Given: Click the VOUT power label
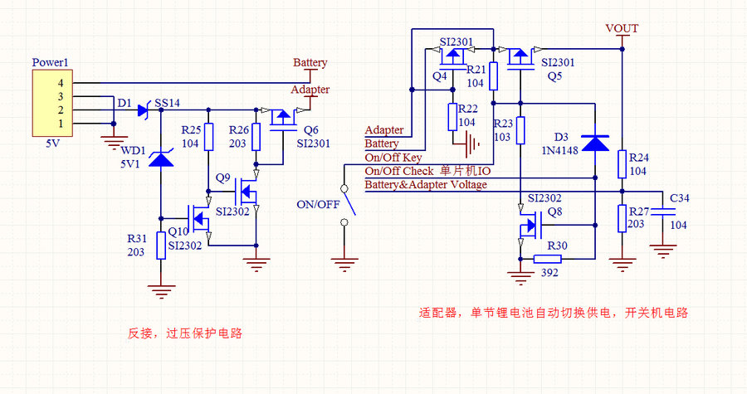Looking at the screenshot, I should pyautogui.click(x=622, y=28).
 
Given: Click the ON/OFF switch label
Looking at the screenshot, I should pyautogui.click(x=317, y=205).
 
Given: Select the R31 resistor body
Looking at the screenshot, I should pyautogui.click(x=160, y=246).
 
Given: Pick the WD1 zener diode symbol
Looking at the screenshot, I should pyautogui.click(x=160, y=157).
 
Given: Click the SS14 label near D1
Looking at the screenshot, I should pyautogui.click(x=167, y=103).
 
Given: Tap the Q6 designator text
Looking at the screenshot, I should pyautogui.click(x=311, y=130).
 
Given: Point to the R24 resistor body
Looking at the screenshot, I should pyautogui.click(x=622, y=163).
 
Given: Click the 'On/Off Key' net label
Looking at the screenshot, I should pyautogui.click(x=393, y=158).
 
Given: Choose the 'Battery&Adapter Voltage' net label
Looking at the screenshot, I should pyautogui.click(x=426, y=184).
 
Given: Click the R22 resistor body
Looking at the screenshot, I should pyautogui.click(x=452, y=116).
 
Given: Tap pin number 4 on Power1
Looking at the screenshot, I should pyautogui.click(x=60, y=84).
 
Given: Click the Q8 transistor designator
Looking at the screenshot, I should pyautogui.click(x=554, y=212).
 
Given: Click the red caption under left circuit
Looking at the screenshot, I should pyautogui.click(x=185, y=333).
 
